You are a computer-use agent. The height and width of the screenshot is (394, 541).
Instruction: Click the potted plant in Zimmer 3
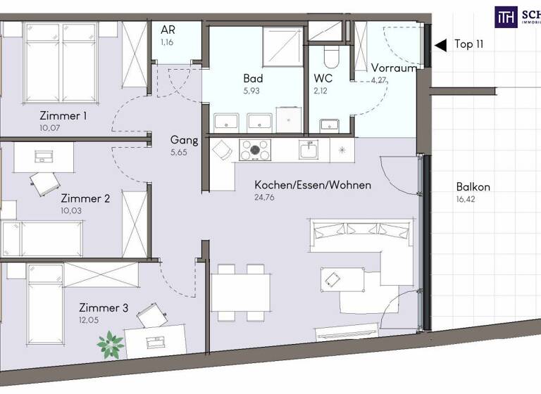point(111,344)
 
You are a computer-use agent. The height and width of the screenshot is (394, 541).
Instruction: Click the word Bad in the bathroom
point(253,79)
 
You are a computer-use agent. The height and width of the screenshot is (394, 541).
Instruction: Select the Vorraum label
point(393,68)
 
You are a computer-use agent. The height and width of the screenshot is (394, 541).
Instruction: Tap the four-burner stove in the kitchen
point(256,149)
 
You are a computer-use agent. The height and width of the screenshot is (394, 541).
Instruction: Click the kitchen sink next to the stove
point(308,149)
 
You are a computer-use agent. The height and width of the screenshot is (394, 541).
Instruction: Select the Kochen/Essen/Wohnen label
point(312,185)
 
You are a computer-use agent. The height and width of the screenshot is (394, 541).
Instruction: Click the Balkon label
point(473,187)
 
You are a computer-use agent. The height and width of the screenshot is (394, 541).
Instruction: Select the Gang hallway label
point(183,139)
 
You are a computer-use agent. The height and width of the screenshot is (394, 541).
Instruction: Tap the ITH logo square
point(505,16)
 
